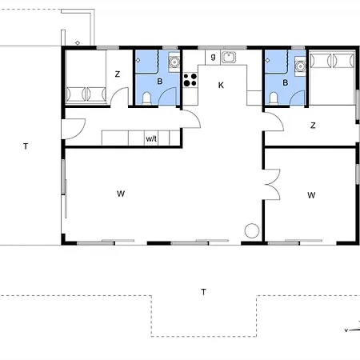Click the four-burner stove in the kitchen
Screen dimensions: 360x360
190,80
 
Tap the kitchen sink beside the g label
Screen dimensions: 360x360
229,57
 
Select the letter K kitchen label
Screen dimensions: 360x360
221,86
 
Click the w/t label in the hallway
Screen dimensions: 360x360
151,138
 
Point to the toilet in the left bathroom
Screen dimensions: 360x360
146,98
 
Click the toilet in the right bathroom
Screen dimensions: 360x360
274,98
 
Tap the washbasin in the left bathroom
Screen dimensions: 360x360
174,62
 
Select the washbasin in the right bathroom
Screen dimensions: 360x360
300,66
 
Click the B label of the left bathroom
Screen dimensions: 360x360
160,82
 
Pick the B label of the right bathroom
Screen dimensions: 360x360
286,82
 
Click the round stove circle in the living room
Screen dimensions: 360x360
252,230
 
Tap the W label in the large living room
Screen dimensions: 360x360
121,194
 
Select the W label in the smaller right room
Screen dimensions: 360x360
311,195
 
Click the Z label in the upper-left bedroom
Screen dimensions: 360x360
118,74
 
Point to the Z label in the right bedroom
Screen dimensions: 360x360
313,126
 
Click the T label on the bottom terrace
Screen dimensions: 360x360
203,292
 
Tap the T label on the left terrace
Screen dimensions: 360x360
26,146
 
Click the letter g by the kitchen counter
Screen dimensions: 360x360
213,57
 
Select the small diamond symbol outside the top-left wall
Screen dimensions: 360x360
78,42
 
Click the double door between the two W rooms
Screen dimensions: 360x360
273,184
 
